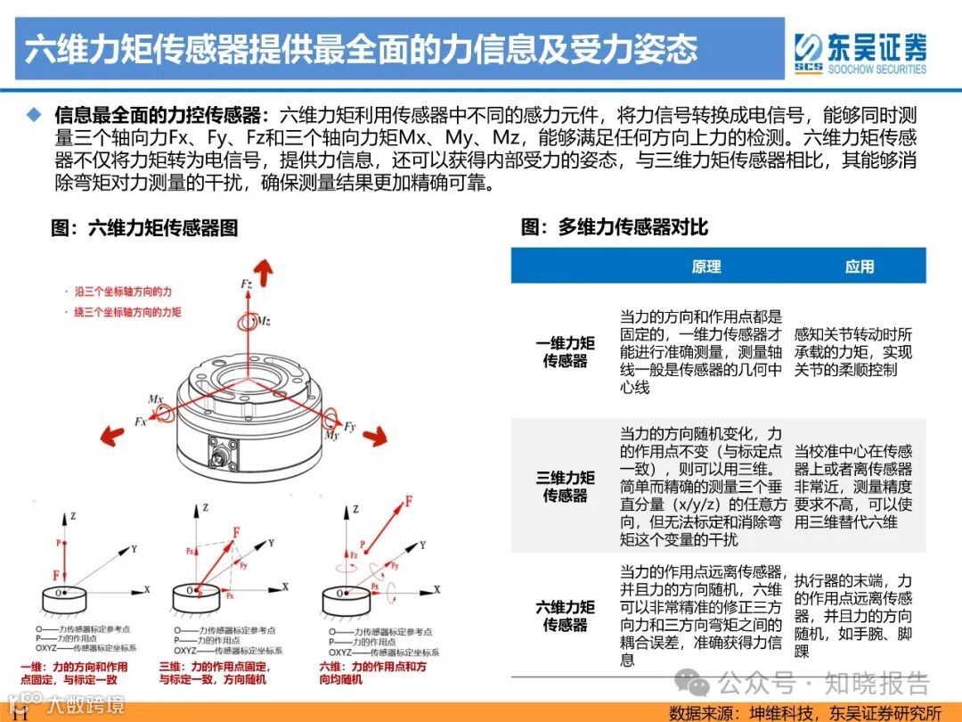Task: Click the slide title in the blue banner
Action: [361, 49]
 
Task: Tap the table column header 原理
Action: [705, 267]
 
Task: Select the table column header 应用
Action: [860, 267]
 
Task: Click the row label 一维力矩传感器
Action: [565, 352]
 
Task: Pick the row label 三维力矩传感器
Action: [565, 486]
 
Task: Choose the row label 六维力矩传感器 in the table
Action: [565, 616]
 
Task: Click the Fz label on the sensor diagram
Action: [247, 283]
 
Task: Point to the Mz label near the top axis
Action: [264, 321]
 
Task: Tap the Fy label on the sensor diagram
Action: [350, 426]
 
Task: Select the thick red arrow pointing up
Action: [263, 267]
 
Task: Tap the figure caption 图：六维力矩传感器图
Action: [144, 227]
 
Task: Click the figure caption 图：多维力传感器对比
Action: [615, 227]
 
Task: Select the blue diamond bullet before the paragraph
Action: [34, 115]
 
